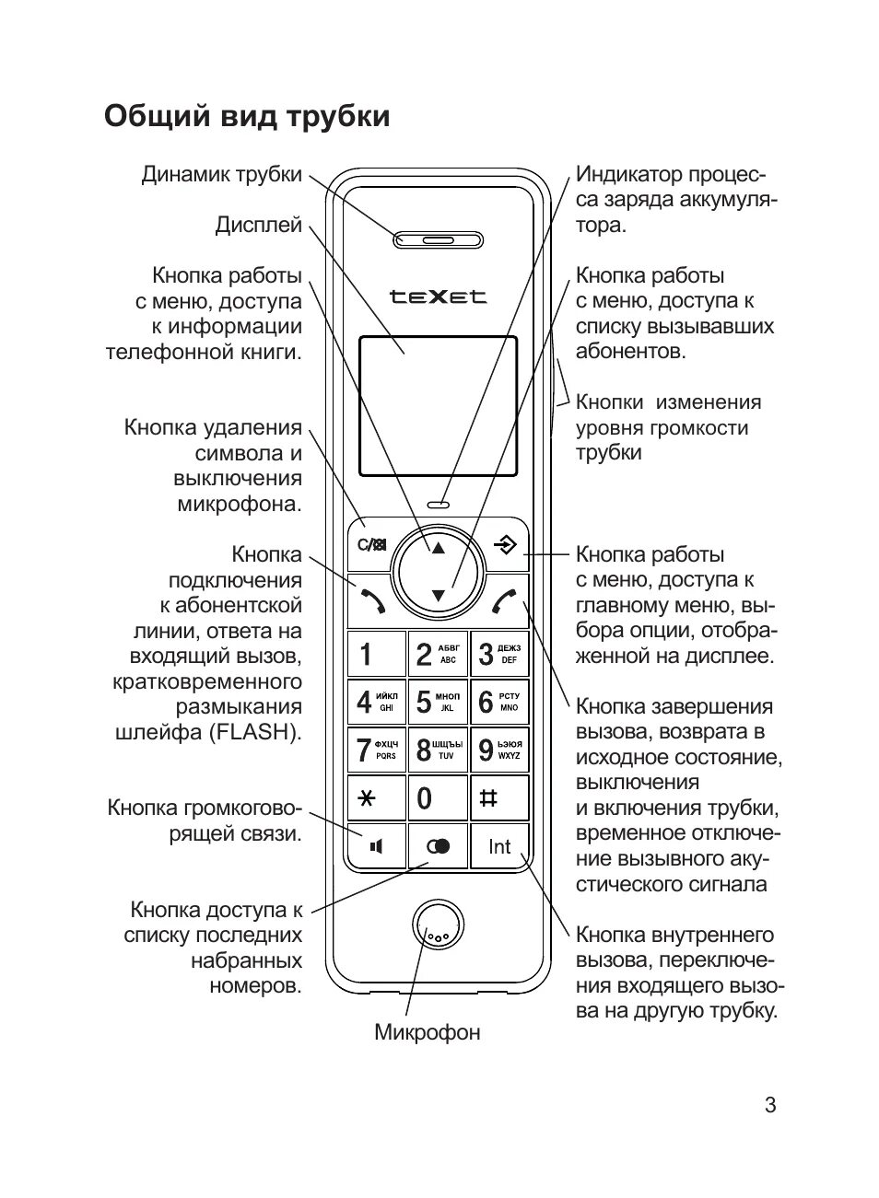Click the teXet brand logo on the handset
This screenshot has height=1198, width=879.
[x=438, y=297]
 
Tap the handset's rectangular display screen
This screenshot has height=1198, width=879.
[x=438, y=406]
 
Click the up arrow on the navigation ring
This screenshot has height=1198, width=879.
[x=438, y=547]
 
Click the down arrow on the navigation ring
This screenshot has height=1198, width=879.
[x=438, y=596]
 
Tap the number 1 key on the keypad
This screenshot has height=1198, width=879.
[x=376, y=654]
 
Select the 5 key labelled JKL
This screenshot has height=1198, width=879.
[x=438, y=702]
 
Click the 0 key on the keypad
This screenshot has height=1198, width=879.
[x=438, y=797]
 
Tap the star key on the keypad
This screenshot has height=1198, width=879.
[x=376, y=797]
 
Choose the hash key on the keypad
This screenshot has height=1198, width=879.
[x=499, y=797]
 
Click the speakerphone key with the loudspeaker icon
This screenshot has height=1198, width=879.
[x=376, y=846]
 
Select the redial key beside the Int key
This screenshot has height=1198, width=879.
[x=438, y=846]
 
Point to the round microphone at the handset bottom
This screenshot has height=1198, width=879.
[x=437, y=931]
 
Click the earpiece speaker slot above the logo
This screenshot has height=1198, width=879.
[x=438, y=240]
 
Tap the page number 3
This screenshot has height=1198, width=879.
[x=770, y=1105]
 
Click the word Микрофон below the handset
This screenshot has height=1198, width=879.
[x=427, y=1032]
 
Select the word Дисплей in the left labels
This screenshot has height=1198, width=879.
[x=259, y=226]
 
